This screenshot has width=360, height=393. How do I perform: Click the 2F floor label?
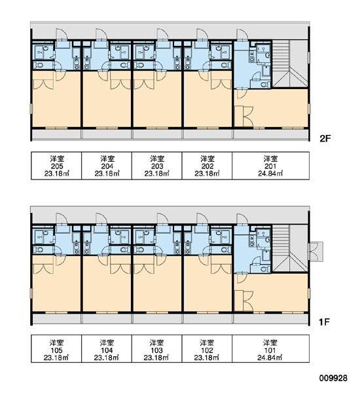325,138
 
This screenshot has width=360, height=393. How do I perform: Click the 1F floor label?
324,322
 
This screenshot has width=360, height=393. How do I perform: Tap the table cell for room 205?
56,166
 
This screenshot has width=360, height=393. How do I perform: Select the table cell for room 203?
157,166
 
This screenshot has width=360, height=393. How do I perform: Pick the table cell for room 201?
270,166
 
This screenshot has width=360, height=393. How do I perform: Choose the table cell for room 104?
107,348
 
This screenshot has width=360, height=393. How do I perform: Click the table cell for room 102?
207,348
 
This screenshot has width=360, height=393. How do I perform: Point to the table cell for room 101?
270,348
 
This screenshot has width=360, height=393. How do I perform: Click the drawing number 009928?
333,378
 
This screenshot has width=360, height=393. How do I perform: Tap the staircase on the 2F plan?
290,64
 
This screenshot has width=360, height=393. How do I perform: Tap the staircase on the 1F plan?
290,248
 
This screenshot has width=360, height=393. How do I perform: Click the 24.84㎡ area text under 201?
270,174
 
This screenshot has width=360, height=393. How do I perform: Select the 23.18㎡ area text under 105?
56,358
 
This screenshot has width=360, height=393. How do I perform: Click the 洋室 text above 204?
107,159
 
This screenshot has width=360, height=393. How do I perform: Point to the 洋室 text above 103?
156,343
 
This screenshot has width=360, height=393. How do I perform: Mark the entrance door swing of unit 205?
62,34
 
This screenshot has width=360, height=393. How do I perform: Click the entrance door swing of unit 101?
242,219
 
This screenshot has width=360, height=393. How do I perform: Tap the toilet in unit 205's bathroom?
39,65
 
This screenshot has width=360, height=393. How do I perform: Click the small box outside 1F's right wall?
315,252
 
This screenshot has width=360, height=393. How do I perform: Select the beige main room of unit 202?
207,105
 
